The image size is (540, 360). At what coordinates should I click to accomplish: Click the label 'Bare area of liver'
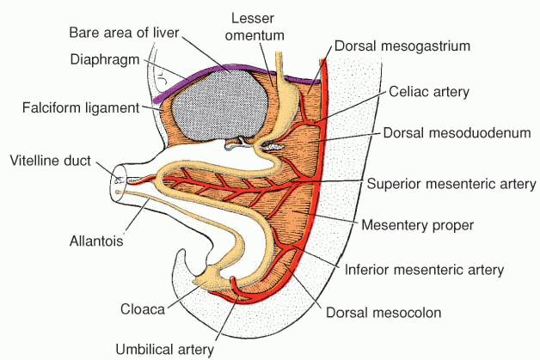138,33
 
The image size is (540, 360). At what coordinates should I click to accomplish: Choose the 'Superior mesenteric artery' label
451,184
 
